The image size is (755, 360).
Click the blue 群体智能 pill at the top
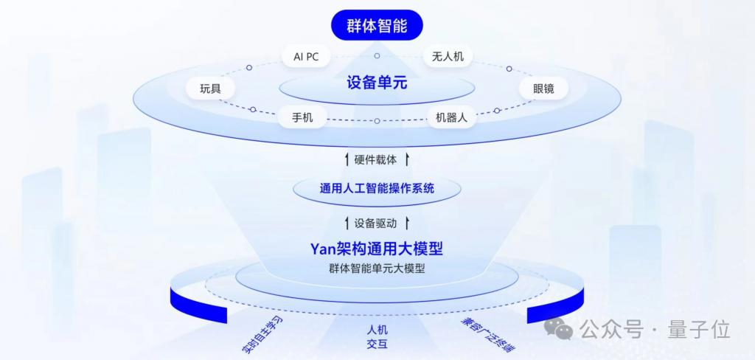pos(377,25)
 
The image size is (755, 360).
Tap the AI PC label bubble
pos(306,56)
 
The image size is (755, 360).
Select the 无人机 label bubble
pos(448,56)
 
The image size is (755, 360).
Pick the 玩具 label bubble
pos(210,89)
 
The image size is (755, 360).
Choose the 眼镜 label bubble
pos(543,89)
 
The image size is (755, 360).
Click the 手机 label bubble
pos(302,117)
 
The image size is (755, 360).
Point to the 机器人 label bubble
pos(452,117)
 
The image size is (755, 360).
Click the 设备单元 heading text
pos(377,83)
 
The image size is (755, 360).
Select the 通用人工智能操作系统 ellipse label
pos(377,187)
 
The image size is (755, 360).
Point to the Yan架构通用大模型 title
pos(377,249)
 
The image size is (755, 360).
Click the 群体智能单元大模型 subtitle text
pos(377,269)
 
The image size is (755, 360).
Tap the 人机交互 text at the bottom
pos(377,337)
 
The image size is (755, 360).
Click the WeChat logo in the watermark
pos(559,330)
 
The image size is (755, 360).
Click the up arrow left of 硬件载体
pos(347,159)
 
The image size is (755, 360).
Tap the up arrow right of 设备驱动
pos(407,223)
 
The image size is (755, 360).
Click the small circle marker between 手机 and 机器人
pos(377,121)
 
